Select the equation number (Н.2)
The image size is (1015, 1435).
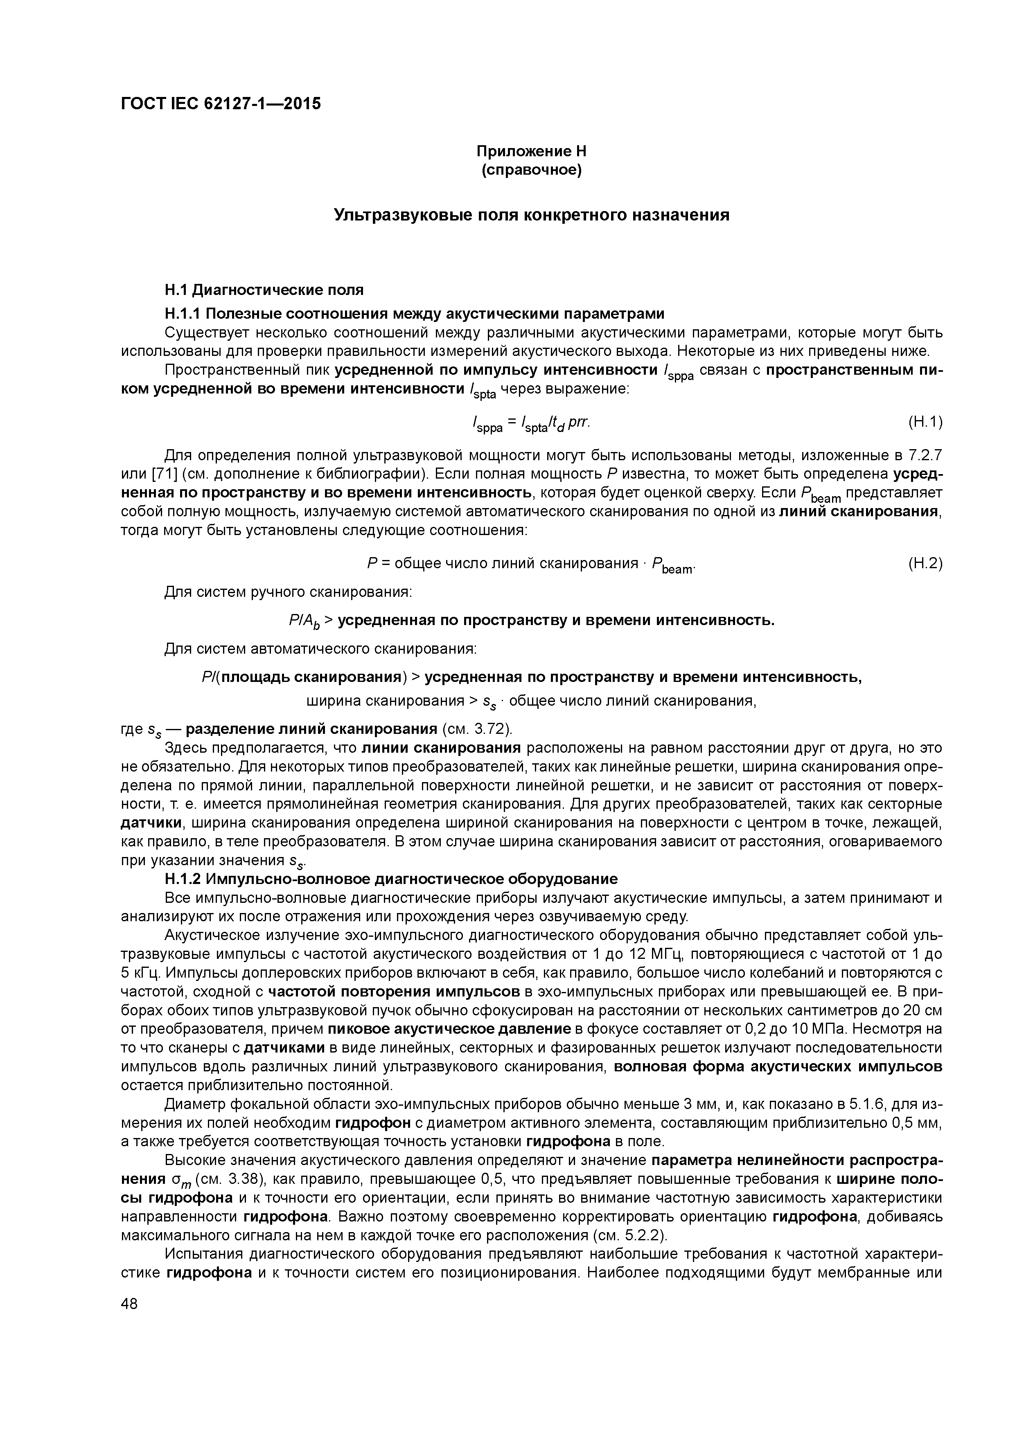point(924,563)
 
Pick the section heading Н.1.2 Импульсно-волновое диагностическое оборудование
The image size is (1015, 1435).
point(391,879)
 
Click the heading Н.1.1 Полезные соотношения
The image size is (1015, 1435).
point(414,313)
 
